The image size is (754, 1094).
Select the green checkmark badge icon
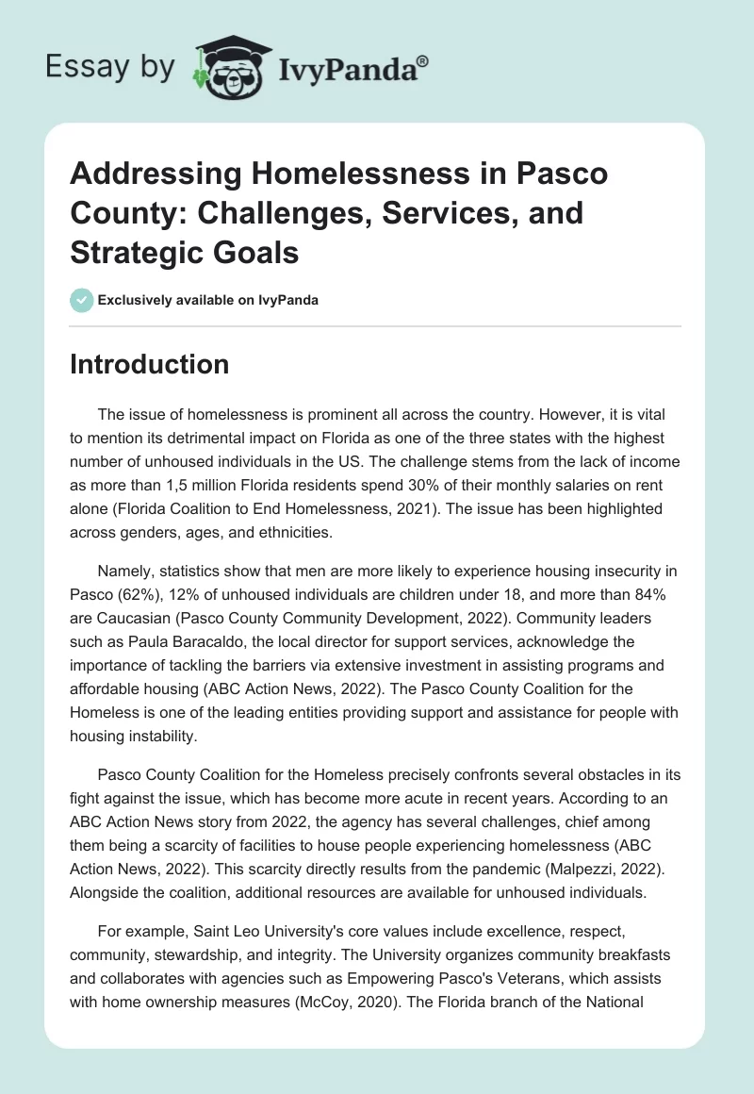(x=82, y=300)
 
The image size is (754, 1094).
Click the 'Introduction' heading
(x=149, y=364)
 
